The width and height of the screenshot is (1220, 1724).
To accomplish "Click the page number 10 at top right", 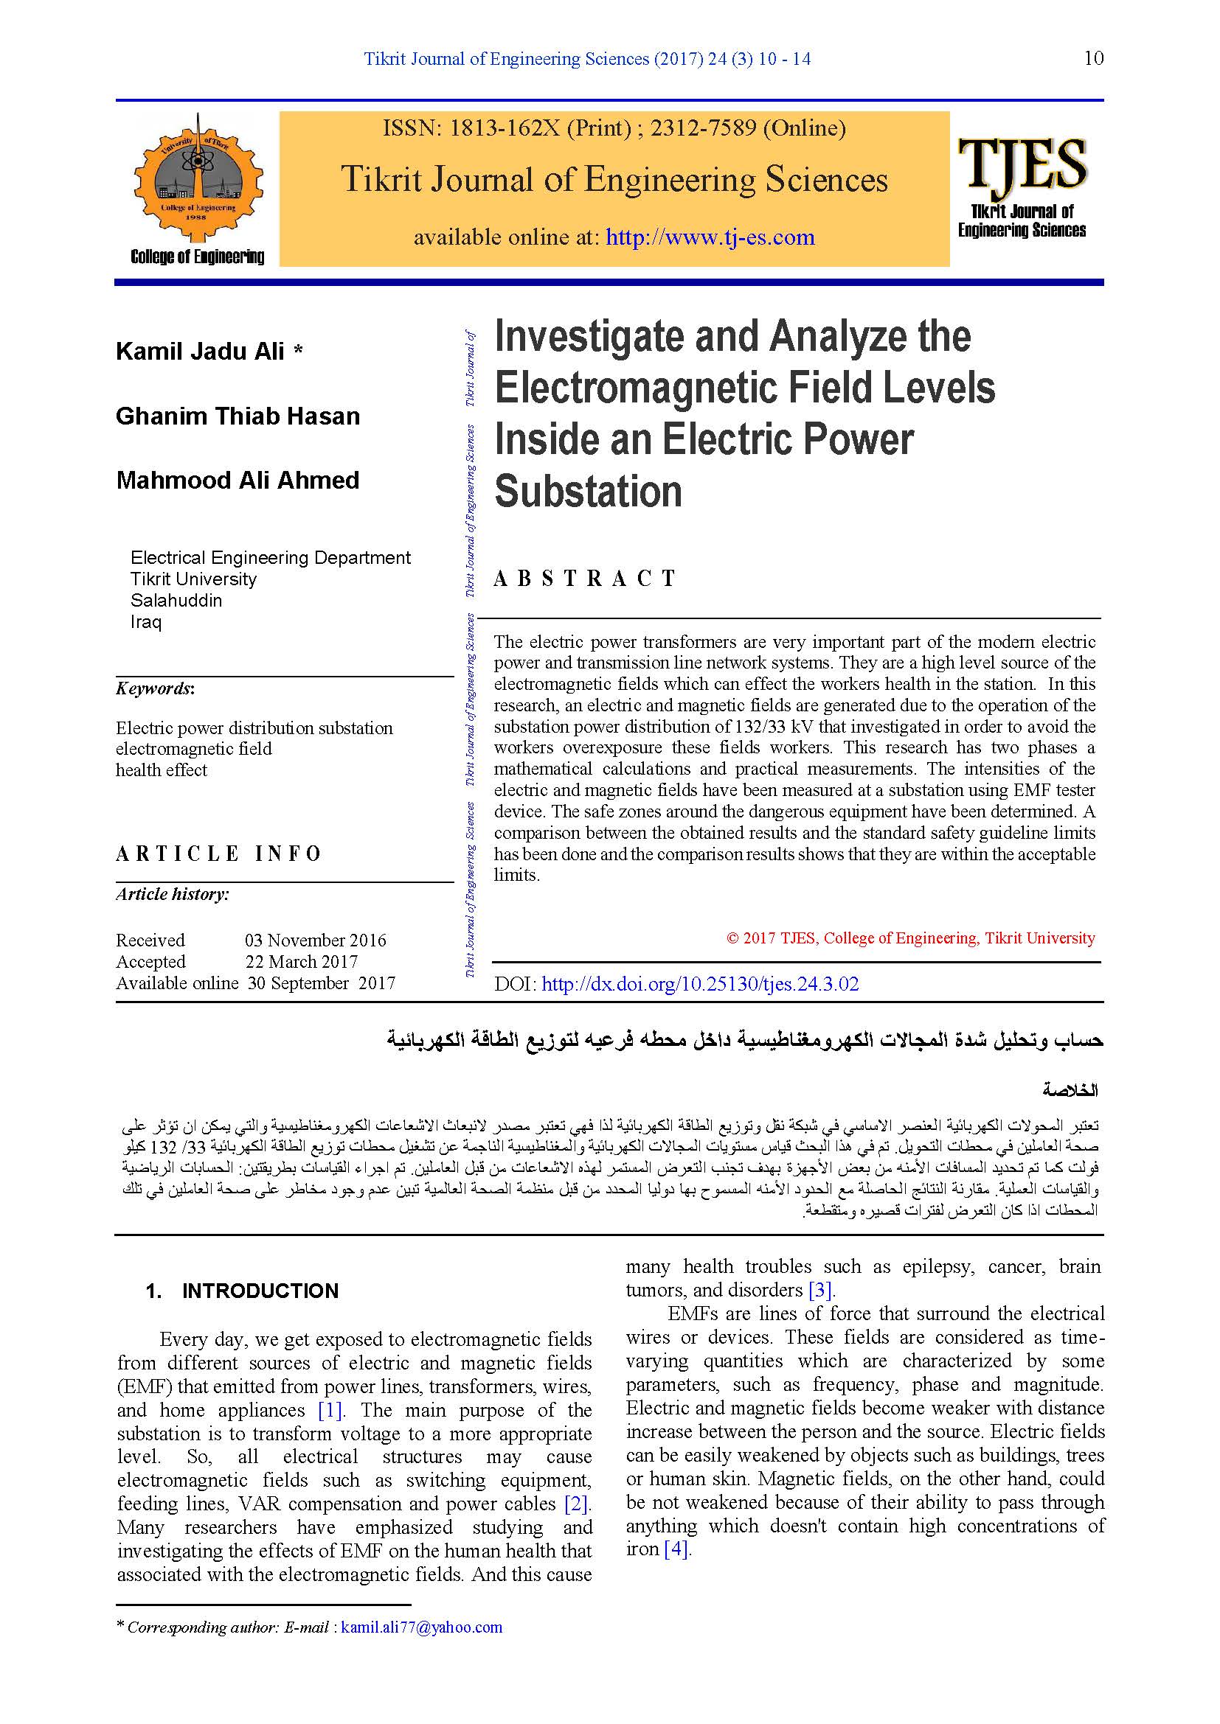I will coord(1094,58).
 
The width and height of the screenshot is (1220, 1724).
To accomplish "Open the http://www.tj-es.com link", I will coord(710,237).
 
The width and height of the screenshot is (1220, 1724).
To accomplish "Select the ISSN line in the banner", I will coord(614,128).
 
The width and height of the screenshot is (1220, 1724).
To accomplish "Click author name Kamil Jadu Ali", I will coord(200,352).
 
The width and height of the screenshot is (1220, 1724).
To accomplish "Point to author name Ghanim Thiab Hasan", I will coord(238,416).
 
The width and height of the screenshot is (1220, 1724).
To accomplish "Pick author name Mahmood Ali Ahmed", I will coord(238,481).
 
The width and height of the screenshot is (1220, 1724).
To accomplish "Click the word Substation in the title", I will coord(588,492).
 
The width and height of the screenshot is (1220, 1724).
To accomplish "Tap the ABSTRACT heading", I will coord(585,578).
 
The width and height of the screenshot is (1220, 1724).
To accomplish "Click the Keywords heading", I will coord(155,688).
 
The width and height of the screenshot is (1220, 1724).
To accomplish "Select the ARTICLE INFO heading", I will coord(218,854).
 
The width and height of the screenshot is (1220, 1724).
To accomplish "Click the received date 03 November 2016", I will coord(316,940).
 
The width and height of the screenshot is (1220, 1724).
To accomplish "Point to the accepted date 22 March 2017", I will coord(301,961).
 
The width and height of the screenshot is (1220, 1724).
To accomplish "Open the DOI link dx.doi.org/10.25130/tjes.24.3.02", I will coord(699,985).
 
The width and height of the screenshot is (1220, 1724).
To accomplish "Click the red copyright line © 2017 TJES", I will coord(910,938).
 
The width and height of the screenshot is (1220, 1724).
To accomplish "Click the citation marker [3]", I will coord(820,1290).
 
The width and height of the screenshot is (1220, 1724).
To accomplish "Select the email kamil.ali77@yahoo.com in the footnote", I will coord(421,1627).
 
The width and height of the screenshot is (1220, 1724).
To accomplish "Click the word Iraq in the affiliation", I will coord(146,622).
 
